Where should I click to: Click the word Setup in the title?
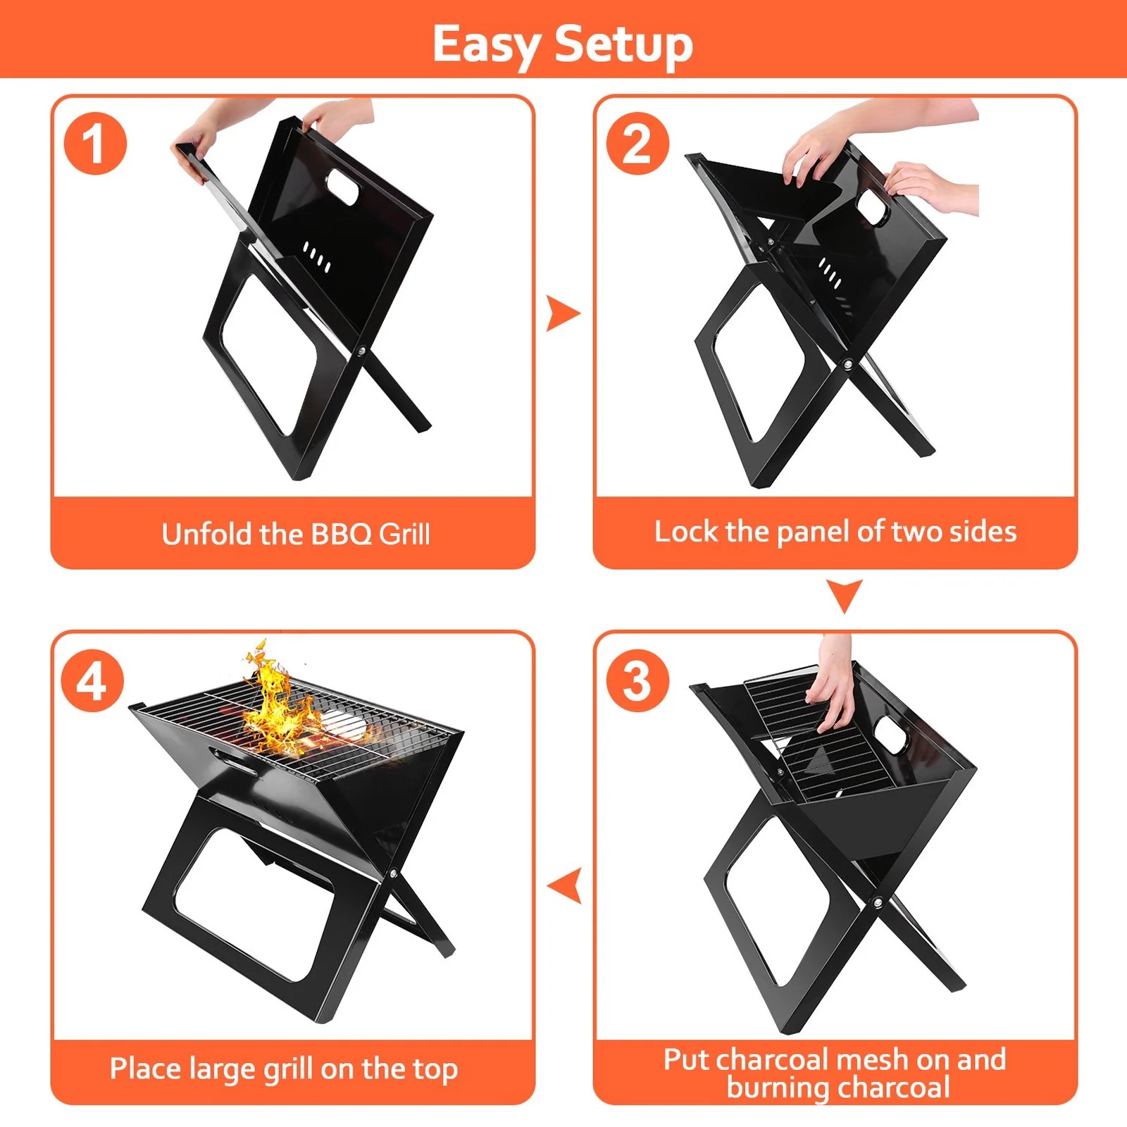point(623,44)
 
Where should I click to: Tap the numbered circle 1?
point(95,144)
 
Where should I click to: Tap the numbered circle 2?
point(637,144)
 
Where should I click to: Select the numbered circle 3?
point(637,681)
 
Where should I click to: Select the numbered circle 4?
point(92,681)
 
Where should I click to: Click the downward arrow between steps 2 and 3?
point(844,595)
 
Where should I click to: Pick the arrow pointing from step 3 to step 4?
point(566,885)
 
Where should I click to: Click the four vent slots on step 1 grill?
point(316,257)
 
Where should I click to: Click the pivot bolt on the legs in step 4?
point(393,874)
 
